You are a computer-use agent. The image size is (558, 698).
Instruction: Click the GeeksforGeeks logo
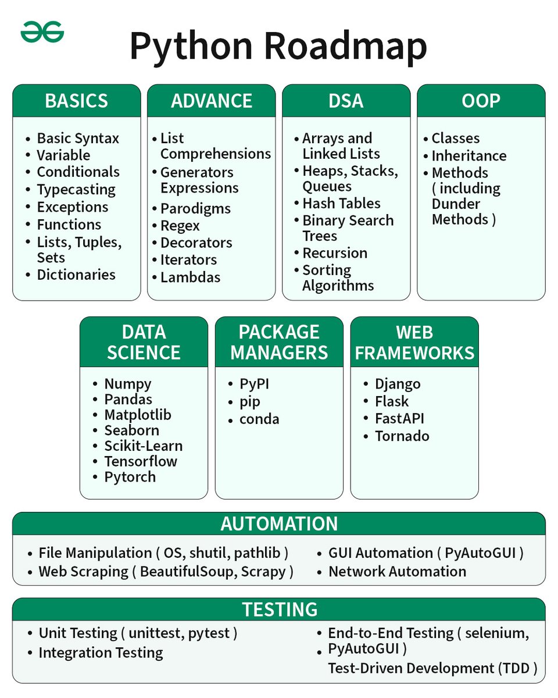42,33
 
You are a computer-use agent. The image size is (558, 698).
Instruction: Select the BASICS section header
76,101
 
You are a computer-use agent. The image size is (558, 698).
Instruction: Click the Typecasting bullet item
76,190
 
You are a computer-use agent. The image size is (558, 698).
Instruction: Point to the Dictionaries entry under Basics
76,275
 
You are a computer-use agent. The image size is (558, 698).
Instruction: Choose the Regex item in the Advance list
180,226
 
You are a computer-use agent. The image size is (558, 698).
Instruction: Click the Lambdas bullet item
190,277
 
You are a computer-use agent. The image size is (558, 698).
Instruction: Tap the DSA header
346,101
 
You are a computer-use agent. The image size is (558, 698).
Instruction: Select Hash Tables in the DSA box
341,204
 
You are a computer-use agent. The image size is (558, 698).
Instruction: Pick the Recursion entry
335,253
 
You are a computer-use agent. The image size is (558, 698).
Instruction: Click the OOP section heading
481,101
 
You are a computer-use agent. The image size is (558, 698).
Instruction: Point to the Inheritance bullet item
468,156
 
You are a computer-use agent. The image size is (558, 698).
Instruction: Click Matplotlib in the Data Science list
138,415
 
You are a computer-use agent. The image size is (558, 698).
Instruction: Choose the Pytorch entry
130,477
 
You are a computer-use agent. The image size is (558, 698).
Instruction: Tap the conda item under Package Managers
259,419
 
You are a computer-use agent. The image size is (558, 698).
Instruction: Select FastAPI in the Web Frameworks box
400,419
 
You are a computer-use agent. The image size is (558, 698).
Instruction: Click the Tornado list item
402,436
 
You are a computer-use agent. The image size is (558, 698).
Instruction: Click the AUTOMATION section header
279,523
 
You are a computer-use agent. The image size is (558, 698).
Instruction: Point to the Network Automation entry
397,572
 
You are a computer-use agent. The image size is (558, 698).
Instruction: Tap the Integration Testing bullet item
101,653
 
